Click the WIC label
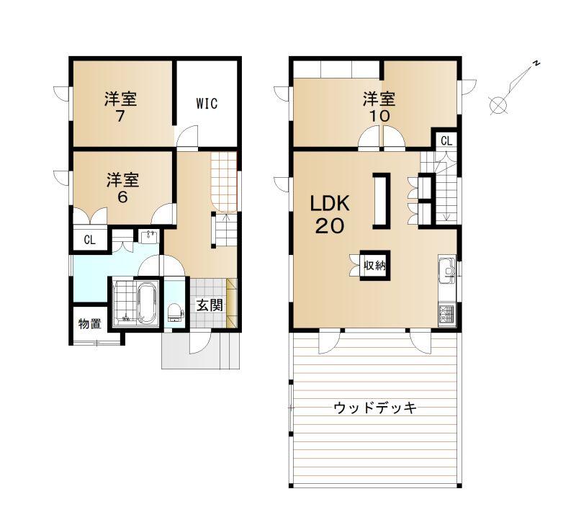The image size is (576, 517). point(207,104)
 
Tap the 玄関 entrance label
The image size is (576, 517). point(210,305)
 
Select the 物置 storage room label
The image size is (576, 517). point(89,324)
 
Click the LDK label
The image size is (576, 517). point(330,203)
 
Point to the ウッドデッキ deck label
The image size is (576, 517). point(375,408)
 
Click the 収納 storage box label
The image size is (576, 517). point(374,265)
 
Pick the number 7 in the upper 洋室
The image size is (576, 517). point(120,117)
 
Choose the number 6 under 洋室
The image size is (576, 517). point(122,197)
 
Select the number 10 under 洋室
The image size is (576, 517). point(379,117)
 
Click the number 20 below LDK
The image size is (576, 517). point(330,226)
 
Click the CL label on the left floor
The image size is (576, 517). point(89,240)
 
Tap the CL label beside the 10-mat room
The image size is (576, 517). point(446,140)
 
